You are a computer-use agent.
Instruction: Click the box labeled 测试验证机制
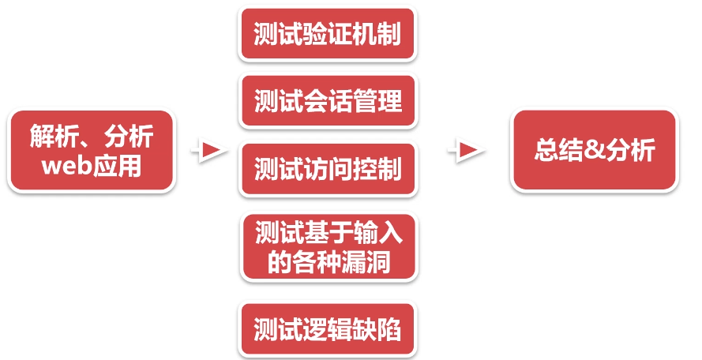pos(327,35)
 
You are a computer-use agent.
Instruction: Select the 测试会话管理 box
pos(327,101)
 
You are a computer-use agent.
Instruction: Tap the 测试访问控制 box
pos(327,168)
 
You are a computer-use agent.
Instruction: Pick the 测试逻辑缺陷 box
pos(327,329)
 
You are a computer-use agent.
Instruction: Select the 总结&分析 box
pos(594,150)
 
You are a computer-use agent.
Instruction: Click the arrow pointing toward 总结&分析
pos(467,149)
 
